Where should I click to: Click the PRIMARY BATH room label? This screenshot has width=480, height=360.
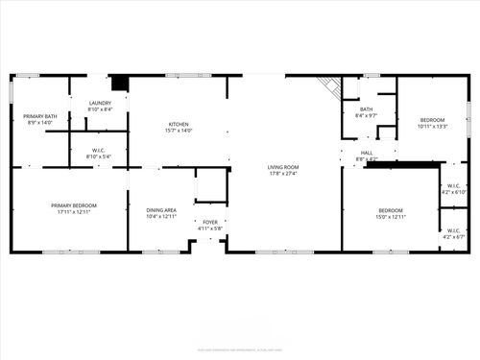pos(40,116)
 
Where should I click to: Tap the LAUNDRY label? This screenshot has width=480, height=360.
pos(100,103)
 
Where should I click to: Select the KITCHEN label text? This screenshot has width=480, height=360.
pos(179,124)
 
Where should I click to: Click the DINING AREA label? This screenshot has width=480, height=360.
pos(160,210)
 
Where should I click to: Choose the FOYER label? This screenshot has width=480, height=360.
pos(209,222)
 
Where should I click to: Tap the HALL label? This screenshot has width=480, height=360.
pos(366,152)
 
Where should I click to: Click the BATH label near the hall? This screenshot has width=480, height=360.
pos(366,109)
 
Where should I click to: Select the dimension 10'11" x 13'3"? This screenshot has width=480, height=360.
pos(433,127)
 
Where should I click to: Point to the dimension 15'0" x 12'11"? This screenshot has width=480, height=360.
pos(390,217)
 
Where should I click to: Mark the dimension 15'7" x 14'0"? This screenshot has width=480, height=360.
pos(179,131)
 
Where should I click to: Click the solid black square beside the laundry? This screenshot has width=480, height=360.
pos(120,84)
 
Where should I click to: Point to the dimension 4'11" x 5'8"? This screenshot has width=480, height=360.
pos(209,228)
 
